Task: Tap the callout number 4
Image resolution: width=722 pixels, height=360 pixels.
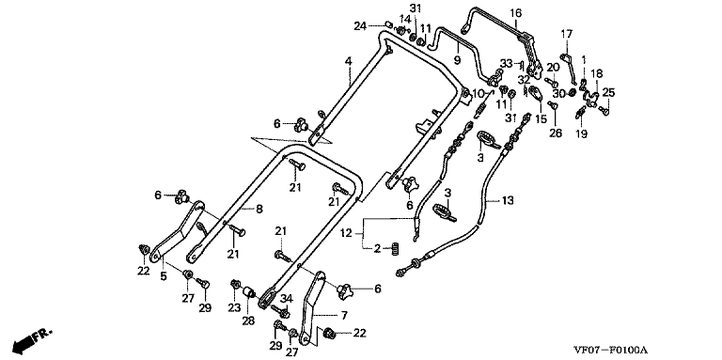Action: point(349,61)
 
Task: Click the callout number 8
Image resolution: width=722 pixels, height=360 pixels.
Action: point(259,210)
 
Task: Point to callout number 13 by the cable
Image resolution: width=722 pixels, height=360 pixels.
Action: point(508,201)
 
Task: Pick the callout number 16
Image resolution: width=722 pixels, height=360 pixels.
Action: point(516,13)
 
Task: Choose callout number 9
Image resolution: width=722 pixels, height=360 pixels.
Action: point(457,60)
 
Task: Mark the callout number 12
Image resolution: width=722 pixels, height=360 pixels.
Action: point(348,234)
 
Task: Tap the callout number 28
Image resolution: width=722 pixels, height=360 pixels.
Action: point(248,321)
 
